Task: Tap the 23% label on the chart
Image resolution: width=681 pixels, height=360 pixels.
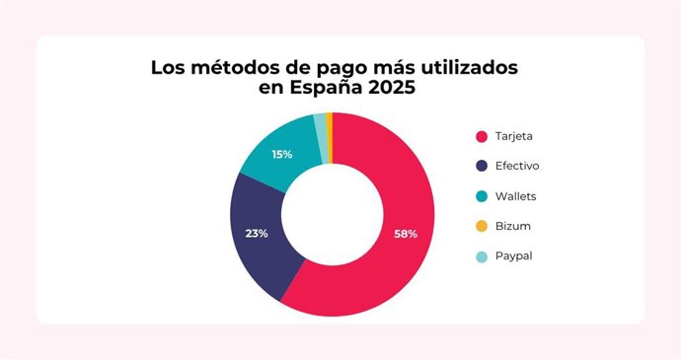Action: click(257, 234)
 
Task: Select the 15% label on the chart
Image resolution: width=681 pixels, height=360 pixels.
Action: click(281, 154)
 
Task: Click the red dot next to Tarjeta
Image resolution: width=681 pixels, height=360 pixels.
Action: click(482, 136)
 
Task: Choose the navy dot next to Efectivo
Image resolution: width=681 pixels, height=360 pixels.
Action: click(482, 166)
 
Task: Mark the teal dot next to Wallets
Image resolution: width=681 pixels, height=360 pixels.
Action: click(482, 196)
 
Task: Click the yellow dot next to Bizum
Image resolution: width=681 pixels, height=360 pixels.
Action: click(482, 226)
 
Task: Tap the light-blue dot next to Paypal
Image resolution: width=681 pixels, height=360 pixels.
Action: click(482, 256)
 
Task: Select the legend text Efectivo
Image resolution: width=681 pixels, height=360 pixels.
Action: click(524, 166)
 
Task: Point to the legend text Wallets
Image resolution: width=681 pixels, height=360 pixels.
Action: click(523, 196)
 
